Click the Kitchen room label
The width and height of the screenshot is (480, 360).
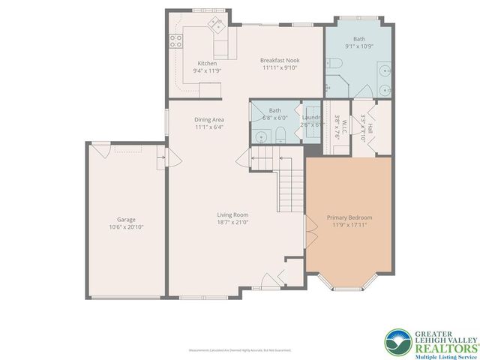coord(208,64)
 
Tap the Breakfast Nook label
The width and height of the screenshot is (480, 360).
coord(280,60)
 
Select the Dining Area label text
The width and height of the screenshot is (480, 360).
coord(209,119)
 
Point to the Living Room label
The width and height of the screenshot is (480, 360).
coord(233,214)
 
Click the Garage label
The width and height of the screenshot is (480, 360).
coord(126,220)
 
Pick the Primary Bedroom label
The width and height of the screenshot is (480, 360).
coord(349,217)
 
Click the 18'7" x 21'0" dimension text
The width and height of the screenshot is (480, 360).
coord(233,223)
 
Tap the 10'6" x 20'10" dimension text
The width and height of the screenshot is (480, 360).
coord(126,227)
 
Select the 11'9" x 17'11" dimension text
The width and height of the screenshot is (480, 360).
coord(349,226)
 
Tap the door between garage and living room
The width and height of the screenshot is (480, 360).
coord(170,159)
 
